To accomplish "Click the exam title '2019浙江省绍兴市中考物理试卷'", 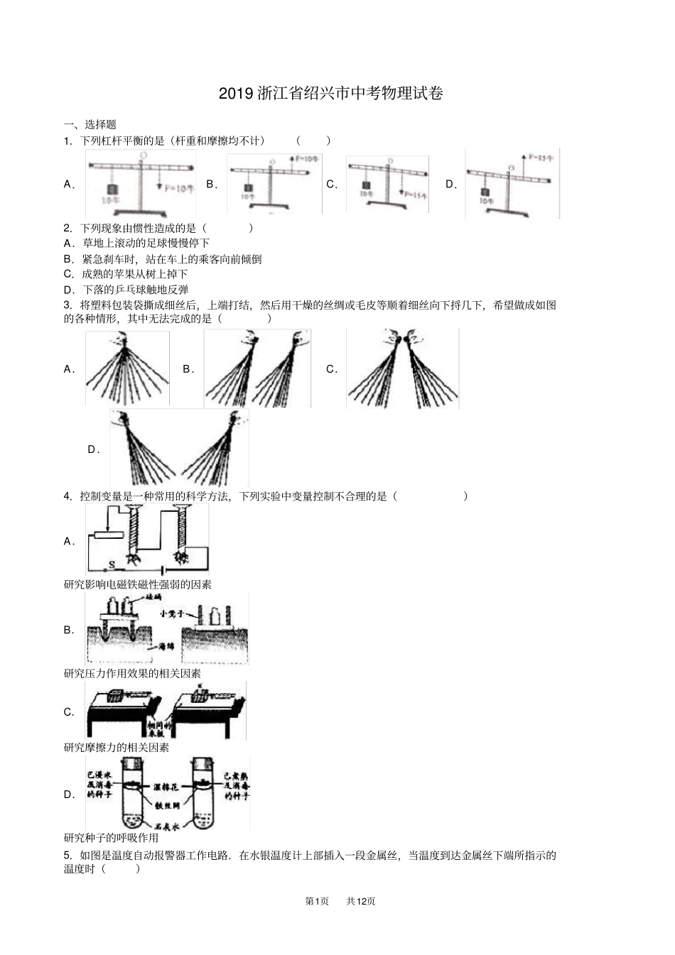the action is pos(331,93).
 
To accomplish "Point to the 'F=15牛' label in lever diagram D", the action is pos(544,158).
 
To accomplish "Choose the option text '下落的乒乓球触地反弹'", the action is pos(135,290).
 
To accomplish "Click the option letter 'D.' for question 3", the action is pos(93,449).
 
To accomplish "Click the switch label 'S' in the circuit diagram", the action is pos(111,565).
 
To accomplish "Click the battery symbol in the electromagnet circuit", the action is pos(163,569).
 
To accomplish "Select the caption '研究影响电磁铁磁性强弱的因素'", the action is pos(138,584).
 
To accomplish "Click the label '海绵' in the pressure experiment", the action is pos(167,648).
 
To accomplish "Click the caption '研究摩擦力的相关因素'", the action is pos(117,748).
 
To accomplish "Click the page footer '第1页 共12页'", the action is pos(340,901).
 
